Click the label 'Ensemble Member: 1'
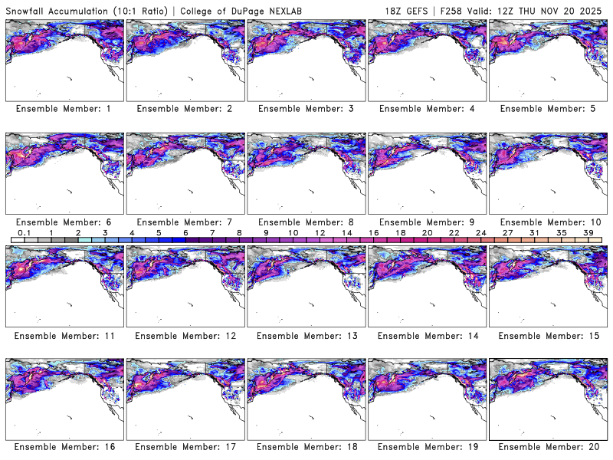[64, 109]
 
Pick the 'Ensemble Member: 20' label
[548, 446]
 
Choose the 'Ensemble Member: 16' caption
[64, 446]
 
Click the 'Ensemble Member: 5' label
[548, 109]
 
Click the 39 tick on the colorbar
[588, 232]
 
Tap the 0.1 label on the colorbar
[25, 232]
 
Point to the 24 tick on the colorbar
[480, 232]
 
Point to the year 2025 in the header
[592, 8]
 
